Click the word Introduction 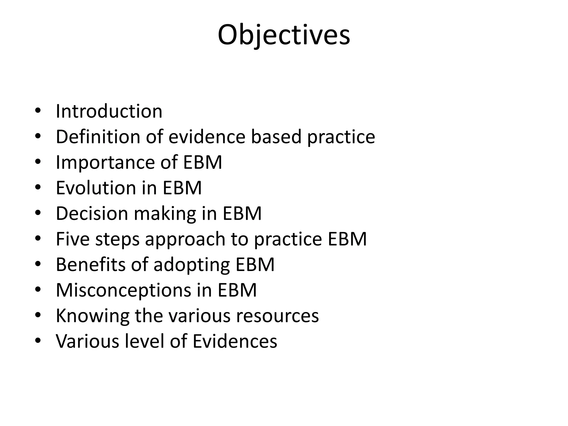click(109, 111)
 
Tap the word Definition click(98, 137)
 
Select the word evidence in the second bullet click(207, 137)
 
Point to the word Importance click(105, 162)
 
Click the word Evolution click(96, 188)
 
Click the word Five click(73, 239)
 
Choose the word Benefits click(91, 264)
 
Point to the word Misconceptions click(123, 290)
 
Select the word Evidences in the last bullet click(235, 341)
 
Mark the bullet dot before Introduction click(38, 111)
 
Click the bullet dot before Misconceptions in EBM click(38, 290)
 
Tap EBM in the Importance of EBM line click(202, 162)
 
